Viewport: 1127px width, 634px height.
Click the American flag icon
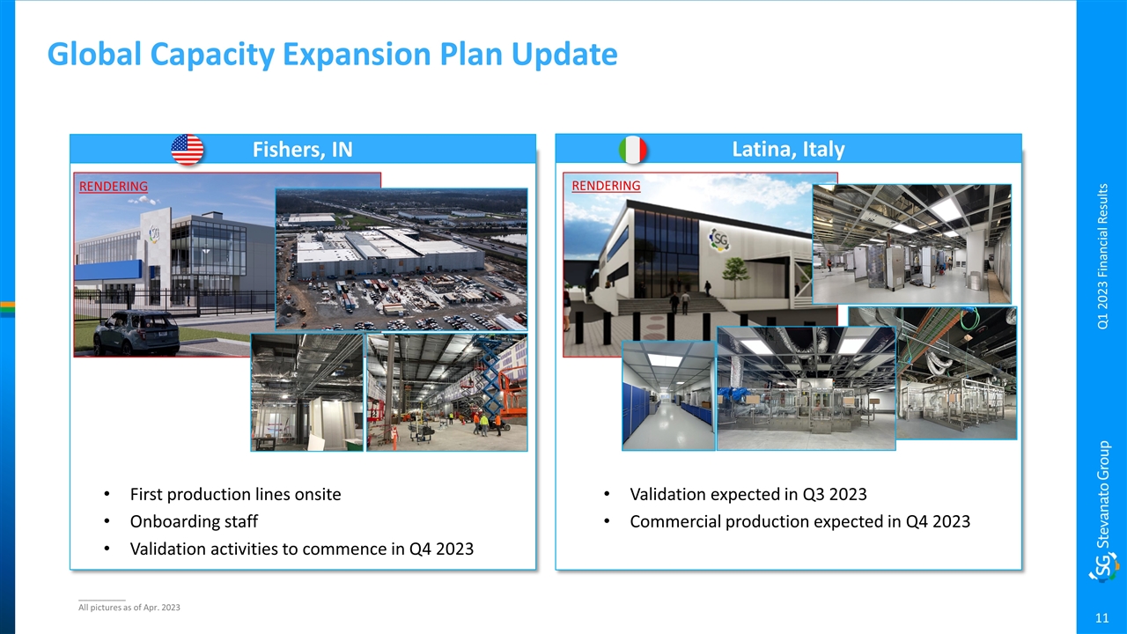(188, 150)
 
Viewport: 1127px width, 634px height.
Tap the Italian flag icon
(632, 150)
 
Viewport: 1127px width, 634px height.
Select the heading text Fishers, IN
(302, 150)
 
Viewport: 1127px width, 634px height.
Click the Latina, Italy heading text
(788, 150)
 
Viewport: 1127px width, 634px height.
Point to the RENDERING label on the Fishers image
(114, 186)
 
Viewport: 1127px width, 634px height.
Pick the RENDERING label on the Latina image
(606, 186)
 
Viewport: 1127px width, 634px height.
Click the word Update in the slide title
(564, 54)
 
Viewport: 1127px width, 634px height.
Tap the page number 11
(1101, 618)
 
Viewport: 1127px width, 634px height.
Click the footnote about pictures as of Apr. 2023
(129, 608)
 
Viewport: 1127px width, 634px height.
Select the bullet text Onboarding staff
(194, 521)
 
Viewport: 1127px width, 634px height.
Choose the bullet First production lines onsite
(235, 494)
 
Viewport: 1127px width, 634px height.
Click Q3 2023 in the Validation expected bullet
(835, 494)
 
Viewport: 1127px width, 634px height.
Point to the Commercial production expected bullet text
(800, 521)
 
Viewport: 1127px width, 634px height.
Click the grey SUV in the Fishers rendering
(136, 333)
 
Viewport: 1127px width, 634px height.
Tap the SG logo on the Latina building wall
(719, 240)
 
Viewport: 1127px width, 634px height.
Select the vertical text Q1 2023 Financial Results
(1102, 256)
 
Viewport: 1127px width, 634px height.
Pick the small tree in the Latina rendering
(734, 275)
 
